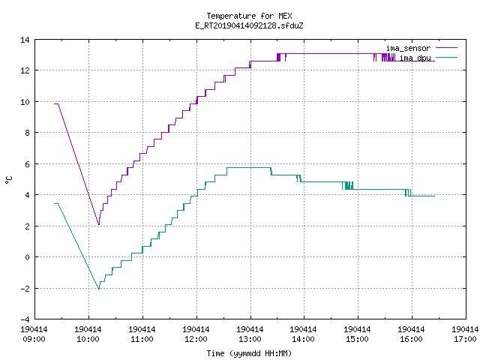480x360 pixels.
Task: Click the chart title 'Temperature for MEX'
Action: tap(249, 16)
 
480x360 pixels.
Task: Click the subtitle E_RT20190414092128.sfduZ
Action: tap(249, 25)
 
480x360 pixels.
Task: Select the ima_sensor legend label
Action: tap(408, 48)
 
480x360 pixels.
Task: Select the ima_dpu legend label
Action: tap(415, 58)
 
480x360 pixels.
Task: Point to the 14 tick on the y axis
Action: tap(25, 40)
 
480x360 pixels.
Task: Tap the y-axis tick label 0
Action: tap(28, 257)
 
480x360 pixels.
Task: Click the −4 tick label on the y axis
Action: tap(25, 319)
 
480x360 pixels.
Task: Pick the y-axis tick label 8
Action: tap(28, 133)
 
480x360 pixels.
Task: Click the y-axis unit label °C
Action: tap(8, 180)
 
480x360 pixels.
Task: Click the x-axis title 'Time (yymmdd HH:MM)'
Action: tap(249, 353)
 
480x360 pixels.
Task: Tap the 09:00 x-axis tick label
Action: tap(34, 339)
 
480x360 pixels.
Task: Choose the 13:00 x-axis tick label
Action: tap(250, 339)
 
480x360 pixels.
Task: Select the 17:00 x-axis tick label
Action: tap(465, 339)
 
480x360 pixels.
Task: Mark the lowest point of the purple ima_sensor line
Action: tap(99, 225)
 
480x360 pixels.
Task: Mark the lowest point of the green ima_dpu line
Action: tap(99, 289)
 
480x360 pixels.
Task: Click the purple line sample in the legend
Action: tap(446, 48)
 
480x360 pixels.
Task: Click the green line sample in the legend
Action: tap(446, 57)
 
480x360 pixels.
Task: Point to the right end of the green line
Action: tap(434, 196)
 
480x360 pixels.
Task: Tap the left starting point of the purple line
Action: tap(55, 103)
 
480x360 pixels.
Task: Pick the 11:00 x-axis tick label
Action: tap(142, 339)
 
